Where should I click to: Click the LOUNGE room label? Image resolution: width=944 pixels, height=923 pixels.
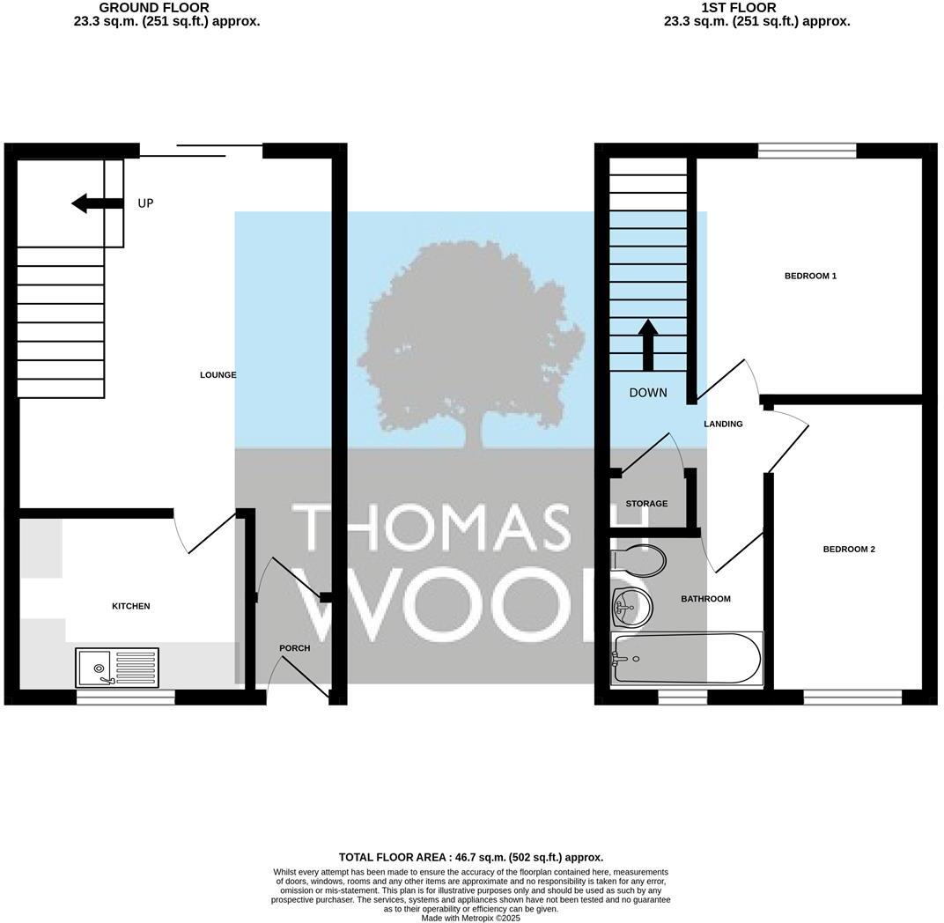tap(218, 375)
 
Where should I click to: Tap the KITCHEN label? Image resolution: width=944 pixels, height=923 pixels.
tap(130, 606)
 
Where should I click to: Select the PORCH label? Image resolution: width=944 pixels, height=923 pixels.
tap(294, 648)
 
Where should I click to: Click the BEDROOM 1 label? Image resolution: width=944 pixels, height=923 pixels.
tap(810, 277)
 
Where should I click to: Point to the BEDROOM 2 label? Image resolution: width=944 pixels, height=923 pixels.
tap(848, 550)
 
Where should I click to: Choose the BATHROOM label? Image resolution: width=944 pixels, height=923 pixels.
tap(705, 599)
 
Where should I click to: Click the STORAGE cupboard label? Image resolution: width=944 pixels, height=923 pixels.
tap(646, 504)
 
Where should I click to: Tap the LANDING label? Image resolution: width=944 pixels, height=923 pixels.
tap(723, 425)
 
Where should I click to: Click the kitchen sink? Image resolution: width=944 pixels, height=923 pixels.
tap(118, 667)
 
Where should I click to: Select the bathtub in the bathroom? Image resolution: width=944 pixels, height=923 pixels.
tap(686, 658)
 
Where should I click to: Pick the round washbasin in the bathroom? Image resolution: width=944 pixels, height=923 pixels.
tap(631, 605)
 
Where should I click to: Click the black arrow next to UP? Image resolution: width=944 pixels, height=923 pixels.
tap(96, 203)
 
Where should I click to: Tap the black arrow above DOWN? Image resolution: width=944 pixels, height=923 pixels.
tap(647, 344)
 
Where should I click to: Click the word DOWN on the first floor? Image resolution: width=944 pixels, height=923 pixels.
tap(648, 393)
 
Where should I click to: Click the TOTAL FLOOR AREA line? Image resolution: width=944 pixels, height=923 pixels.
tap(470, 857)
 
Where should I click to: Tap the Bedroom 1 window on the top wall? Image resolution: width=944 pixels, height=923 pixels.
tap(807, 151)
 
